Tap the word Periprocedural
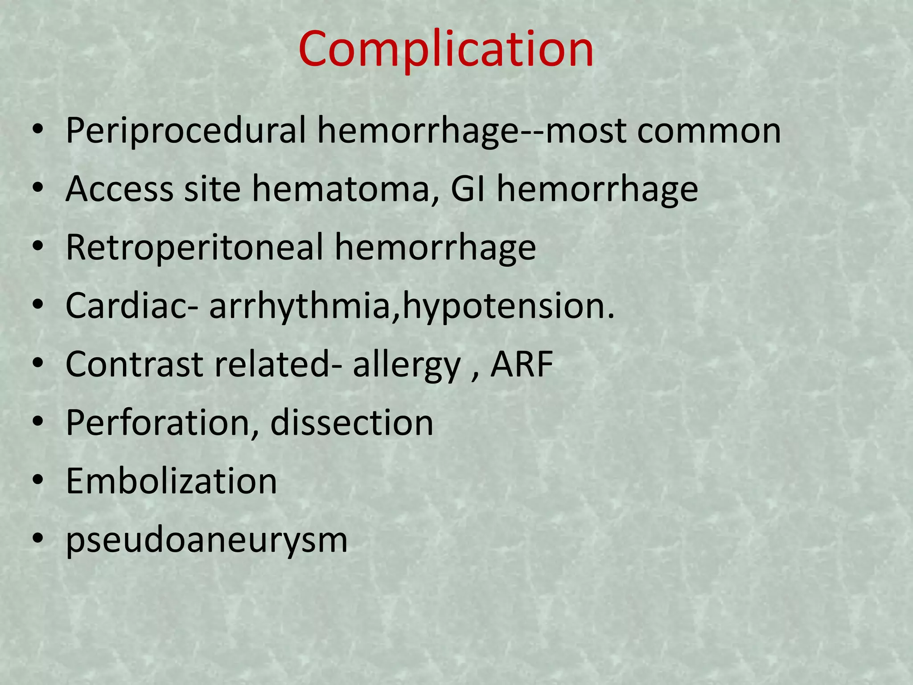[185, 131]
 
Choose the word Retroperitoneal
[194, 248]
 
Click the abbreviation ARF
[522, 364]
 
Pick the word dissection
[352, 423]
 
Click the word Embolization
[172, 481]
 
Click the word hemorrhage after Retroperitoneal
[435, 248]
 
